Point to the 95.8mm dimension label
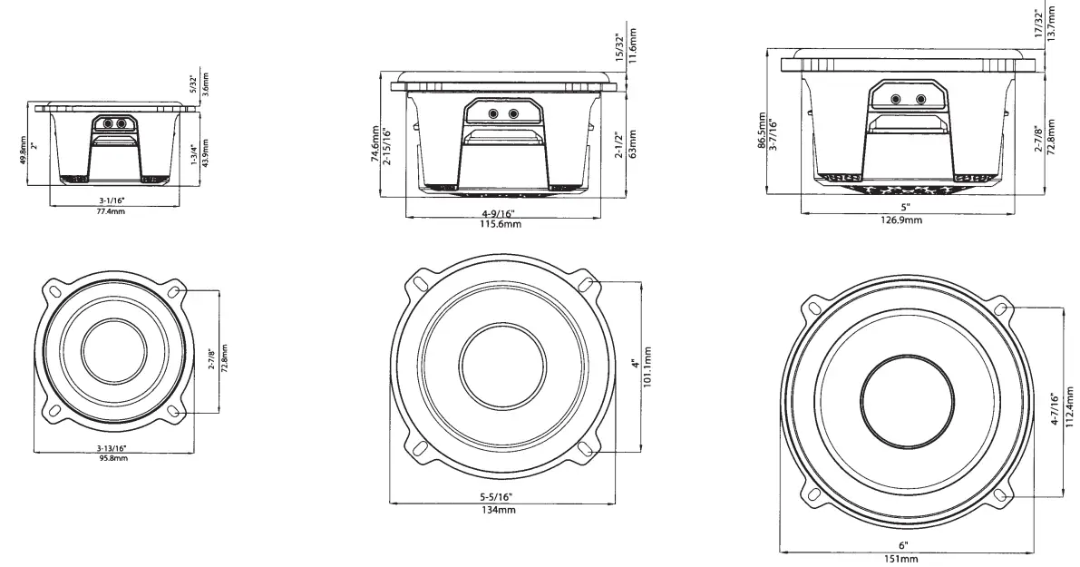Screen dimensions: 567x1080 click(x=113, y=459)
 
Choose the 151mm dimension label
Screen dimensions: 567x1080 click(x=903, y=558)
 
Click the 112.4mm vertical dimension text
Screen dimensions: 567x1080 click(x=1070, y=408)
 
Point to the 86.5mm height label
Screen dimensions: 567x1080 click(x=762, y=132)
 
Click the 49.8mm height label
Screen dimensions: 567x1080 click(x=22, y=148)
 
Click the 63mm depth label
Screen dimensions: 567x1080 click(x=632, y=142)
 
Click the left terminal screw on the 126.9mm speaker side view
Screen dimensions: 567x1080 click(x=895, y=99)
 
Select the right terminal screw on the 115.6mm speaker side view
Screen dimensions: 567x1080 click(x=514, y=114)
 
